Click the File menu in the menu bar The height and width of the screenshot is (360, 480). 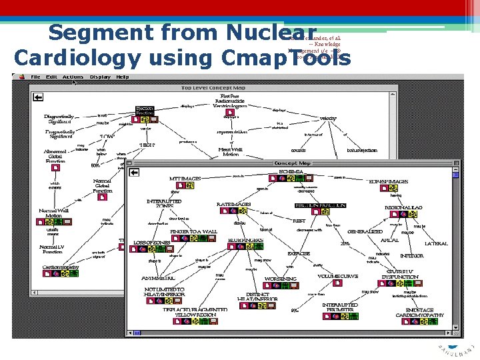pos(35,77)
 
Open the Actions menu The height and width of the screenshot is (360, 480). pos(73,77)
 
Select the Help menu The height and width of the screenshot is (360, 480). pos(123,77)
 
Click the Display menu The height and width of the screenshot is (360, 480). pos(100,77)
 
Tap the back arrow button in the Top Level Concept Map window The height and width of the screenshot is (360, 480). pos(38,97)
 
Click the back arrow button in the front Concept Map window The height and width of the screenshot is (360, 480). pos(134,173)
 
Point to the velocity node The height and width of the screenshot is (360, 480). pos(328,118)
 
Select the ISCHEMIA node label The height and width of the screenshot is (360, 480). pos(291,171)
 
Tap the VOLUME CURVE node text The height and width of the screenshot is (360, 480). pos(337,275)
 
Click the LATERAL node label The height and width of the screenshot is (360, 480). pos(436,244)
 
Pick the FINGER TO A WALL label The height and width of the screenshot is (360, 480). pos(193,231)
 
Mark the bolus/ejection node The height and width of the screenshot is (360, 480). pos(362,151)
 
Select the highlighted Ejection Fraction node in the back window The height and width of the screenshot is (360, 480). pos(145,111)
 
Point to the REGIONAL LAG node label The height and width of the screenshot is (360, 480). pos(404,207)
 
